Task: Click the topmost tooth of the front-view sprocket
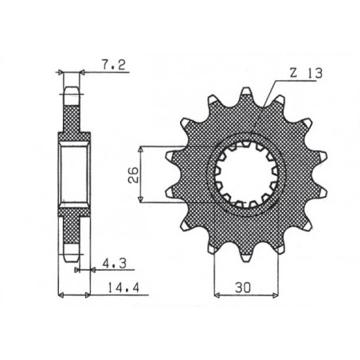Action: pos(245,97)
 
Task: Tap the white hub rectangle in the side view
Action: pos(73,171)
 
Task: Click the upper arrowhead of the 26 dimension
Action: pos(140,149)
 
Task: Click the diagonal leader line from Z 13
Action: pos(267,104)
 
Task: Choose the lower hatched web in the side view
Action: pos(71,219)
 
